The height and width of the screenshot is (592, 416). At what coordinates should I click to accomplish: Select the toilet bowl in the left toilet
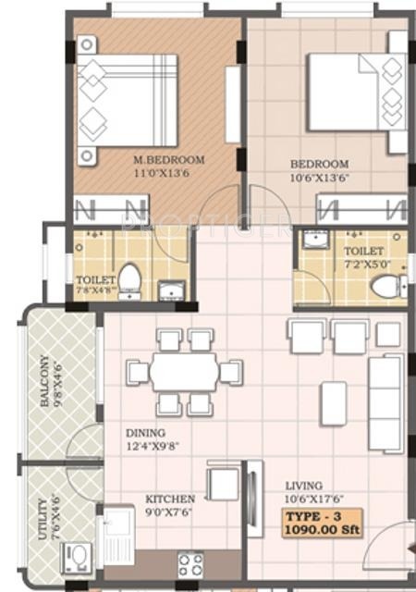point(129,279)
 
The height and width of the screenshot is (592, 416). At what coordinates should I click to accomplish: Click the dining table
point(184,373)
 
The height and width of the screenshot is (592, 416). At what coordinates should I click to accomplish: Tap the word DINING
point(146,433)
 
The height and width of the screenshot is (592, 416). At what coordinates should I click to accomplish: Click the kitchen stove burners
point(190,563)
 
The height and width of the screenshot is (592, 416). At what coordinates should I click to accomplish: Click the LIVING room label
point(303,485)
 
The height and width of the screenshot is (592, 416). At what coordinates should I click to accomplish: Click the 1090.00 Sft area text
point(324,529)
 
